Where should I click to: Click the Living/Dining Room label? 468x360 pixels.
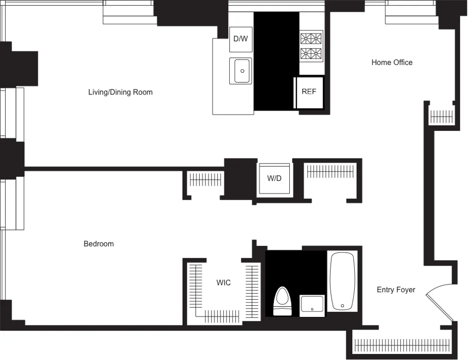tap(120, 92)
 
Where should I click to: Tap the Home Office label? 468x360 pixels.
tap(392, 62)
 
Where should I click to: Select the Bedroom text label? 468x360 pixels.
tap(98, 244)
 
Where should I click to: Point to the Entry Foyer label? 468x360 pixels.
tap(396, 290)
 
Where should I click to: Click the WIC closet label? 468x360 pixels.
tap(223, 283)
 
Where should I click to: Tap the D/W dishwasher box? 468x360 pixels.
tap(241, 39)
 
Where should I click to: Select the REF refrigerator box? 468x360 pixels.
tap(309, 92)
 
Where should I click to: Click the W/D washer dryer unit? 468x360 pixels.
tap(274, 179)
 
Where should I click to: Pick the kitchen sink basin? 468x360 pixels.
tap(241, 71)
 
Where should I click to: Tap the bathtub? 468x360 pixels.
tap(343, 281)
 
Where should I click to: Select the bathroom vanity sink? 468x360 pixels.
tap(312, 306)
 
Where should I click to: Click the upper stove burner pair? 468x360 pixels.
tap(312, 38)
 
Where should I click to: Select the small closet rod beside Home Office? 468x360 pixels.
tap(441, 116)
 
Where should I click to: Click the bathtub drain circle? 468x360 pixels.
tap(343, 306)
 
